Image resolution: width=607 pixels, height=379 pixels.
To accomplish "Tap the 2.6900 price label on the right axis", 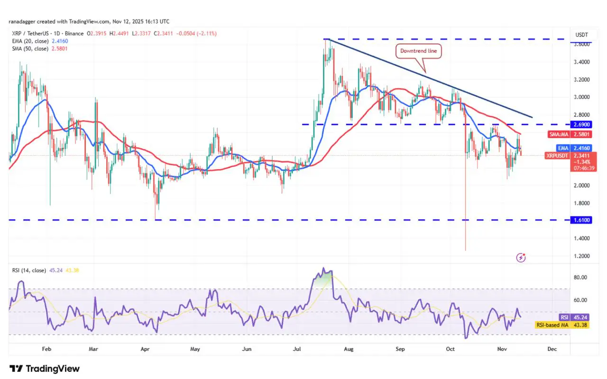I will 581,124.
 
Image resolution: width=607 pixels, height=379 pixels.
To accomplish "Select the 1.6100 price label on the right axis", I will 581,220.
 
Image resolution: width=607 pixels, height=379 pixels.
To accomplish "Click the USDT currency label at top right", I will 581,35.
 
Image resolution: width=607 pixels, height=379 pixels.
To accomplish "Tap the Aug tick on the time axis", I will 349,349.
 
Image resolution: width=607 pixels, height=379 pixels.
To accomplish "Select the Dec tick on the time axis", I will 552,349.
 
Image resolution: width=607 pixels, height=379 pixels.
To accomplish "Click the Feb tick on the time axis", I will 46,349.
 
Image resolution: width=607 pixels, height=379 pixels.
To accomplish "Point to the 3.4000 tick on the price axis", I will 581,62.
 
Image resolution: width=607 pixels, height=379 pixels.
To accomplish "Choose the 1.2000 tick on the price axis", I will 581,256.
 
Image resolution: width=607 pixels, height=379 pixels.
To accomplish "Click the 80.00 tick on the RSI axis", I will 580,277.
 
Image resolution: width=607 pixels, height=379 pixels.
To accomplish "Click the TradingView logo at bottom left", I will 45,369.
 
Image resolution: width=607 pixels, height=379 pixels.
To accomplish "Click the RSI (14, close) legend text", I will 29,270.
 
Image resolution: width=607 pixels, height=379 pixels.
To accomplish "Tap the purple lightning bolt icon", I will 522,258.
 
